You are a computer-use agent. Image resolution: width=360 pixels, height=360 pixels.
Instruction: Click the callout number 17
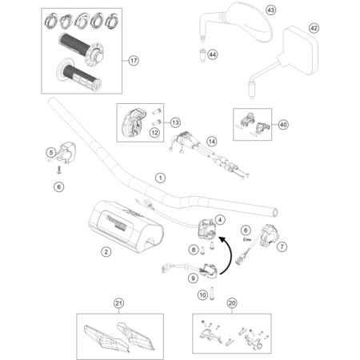coord(134,60)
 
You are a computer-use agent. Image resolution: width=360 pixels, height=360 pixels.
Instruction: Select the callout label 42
coord(314,28)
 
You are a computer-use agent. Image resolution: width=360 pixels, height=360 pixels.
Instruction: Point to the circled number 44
coord(213,54)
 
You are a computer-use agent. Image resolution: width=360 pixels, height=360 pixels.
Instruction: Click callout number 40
coord(282,124)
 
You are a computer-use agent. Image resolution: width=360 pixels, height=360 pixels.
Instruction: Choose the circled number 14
coord(211,141)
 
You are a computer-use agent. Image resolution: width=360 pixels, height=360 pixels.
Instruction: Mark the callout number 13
coord(174,122)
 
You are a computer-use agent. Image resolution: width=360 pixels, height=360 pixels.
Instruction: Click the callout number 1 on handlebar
coord(160,177)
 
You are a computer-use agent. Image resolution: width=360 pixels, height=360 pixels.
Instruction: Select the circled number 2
coord(106,252)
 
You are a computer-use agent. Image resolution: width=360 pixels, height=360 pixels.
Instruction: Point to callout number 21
coord(118,302)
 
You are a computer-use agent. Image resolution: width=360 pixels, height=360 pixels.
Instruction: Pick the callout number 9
coord(192,278)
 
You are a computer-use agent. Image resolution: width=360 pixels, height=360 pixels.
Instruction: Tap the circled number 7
coord(282,247)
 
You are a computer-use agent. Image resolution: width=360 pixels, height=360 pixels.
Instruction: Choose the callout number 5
coord(50,152)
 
